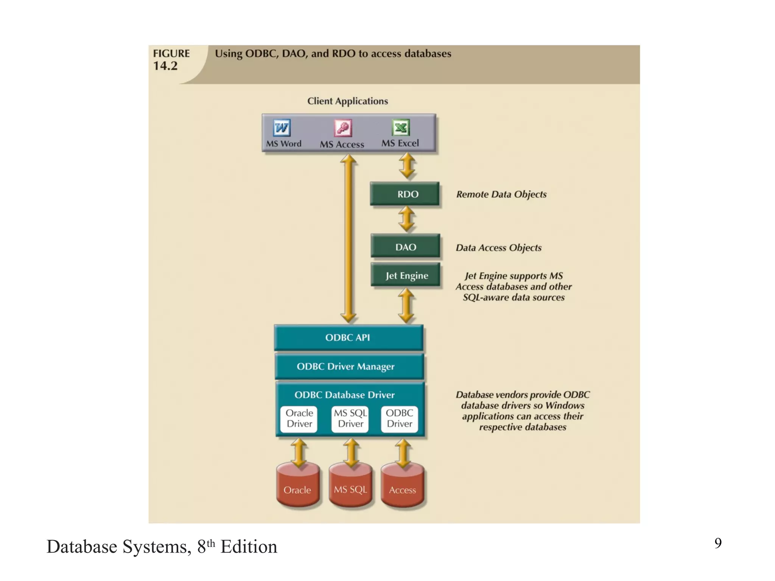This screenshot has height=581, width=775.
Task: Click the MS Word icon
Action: (282, 128)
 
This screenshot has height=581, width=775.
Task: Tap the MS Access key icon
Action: (343, 128)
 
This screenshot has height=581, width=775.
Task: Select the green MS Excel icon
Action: (400, 127)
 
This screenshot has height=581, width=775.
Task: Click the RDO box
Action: (405, 194)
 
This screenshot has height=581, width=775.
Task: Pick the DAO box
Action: (405, 247)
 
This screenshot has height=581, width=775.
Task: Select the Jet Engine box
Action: (406, 275)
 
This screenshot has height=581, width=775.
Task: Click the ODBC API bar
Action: (348, 337)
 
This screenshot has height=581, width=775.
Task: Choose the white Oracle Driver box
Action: (299, 418)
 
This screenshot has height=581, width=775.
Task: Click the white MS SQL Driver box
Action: (350, 418)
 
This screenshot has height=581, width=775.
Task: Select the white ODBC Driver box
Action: (399, 418)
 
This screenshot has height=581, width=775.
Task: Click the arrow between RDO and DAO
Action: (406, 219)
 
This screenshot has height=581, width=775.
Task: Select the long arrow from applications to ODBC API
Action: (348, 238)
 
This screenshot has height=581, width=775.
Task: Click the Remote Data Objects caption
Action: (501, 194)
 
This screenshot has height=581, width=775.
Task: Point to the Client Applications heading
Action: (347, 101)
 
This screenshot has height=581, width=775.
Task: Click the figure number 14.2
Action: (165, 66)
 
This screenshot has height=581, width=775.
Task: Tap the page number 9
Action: (717, 543)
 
